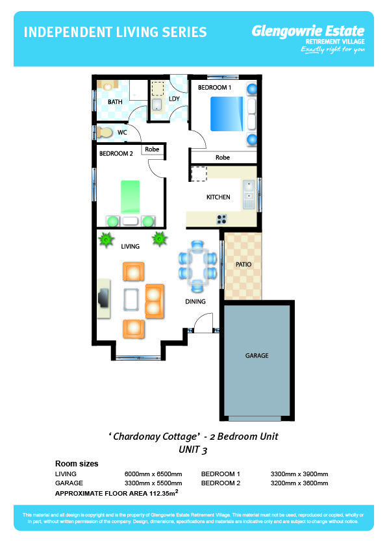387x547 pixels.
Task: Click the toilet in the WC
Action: click(x=105, y=133)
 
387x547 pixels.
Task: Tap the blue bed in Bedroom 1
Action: click(x=227, y=114)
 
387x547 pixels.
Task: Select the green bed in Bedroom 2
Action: click(x=130, y=197)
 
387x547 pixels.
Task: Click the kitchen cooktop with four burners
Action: click(x=221, y=219)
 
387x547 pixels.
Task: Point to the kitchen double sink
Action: click(x=249, y=195)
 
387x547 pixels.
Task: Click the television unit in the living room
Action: click(x=104, y=298)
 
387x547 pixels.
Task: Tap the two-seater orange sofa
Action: click(x=155, y=301)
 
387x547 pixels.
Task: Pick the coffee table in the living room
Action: click(x=131, y=299)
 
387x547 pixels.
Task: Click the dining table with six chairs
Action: click(x=197, y=266)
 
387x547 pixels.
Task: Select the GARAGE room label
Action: click(x=256, y=355)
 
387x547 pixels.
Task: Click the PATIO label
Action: click(x=243, y=264)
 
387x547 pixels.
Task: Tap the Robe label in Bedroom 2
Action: click(x=152, y=149)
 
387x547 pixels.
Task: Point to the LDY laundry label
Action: click(x=174, y=99)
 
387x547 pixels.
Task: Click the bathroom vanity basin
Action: click(x=107, y=86)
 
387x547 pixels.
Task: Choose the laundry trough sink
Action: click(x=157, y=105)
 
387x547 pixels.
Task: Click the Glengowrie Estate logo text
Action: click(x=308, y=31)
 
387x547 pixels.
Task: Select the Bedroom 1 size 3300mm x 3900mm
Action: click(x=299, y=474)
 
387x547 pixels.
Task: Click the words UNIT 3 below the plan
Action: click(x=193, y=450)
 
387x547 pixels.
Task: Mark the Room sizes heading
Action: click(x=77, y=464)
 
